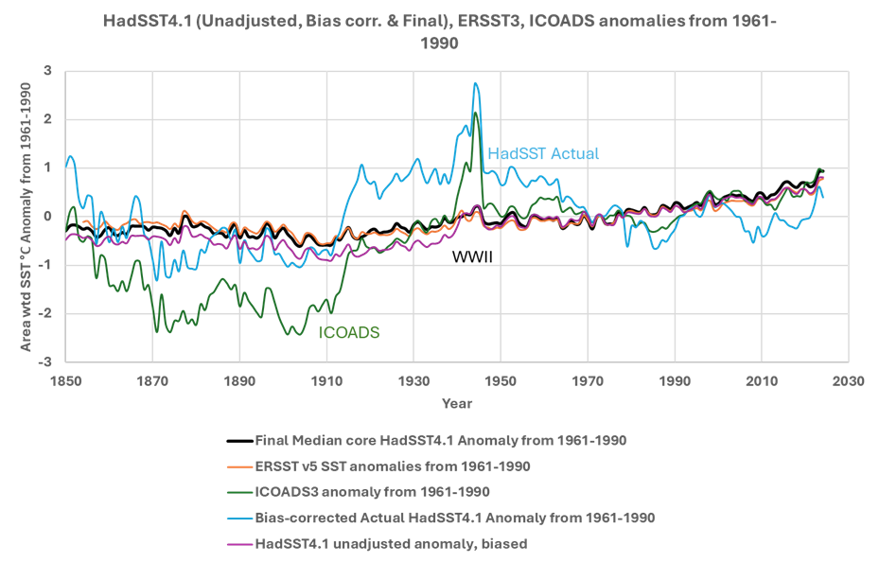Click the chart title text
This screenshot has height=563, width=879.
pos(439,30)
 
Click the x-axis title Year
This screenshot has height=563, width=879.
pos(457,403)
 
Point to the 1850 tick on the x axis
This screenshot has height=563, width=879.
pos(66,378)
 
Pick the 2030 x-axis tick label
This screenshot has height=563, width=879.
pos(848,378)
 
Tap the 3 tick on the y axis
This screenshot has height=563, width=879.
pos(47,71)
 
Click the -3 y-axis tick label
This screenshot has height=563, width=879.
pos(44,361)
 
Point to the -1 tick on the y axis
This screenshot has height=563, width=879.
pos(44,265)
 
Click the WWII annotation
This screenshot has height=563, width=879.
pos(472,256)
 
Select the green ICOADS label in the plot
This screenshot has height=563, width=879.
pos(349,332)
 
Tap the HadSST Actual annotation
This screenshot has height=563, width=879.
pos(543,153)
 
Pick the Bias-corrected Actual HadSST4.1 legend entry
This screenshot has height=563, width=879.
pos(455,518)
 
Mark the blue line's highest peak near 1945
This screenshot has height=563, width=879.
pos(475,83)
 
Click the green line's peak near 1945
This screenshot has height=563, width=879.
pos(475,114)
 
